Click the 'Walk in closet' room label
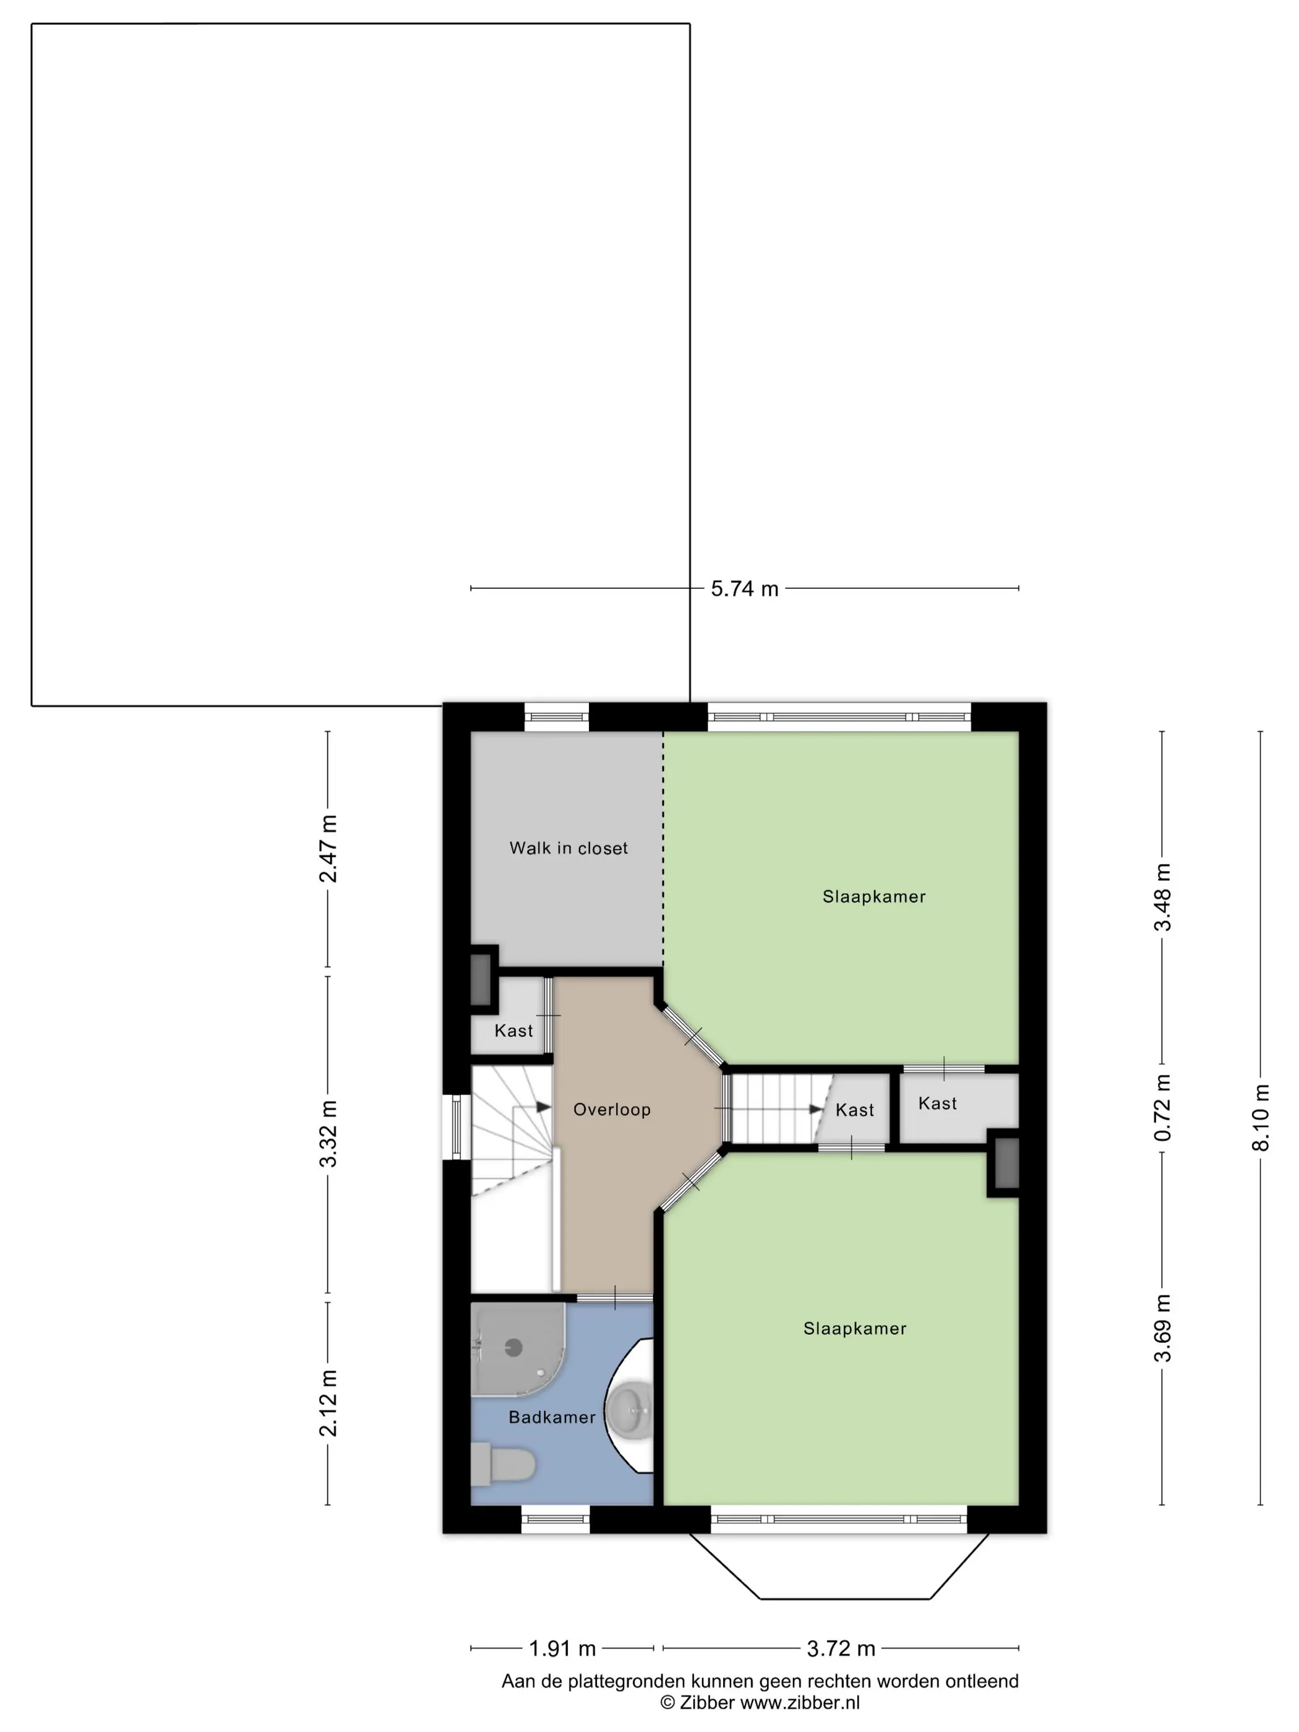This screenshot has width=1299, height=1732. coord(568,848)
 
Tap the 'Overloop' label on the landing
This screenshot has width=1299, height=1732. coord(612,1110)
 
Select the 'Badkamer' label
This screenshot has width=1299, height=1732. coord(552,1417)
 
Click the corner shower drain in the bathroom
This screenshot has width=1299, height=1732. coord(513,1347)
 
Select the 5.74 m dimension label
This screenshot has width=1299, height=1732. coord(745,589)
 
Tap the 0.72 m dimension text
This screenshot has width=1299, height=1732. coord(1163,1107)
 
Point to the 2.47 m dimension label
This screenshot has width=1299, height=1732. coord(328,849)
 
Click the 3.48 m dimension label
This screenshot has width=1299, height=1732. coord(1163,898)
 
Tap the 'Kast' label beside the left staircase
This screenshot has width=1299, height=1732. coord(513,1031)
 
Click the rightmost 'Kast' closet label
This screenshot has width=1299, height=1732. coord(937,1104)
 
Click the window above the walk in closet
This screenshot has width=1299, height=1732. coord(556,716)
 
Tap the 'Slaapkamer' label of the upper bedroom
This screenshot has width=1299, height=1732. coord(874,896)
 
